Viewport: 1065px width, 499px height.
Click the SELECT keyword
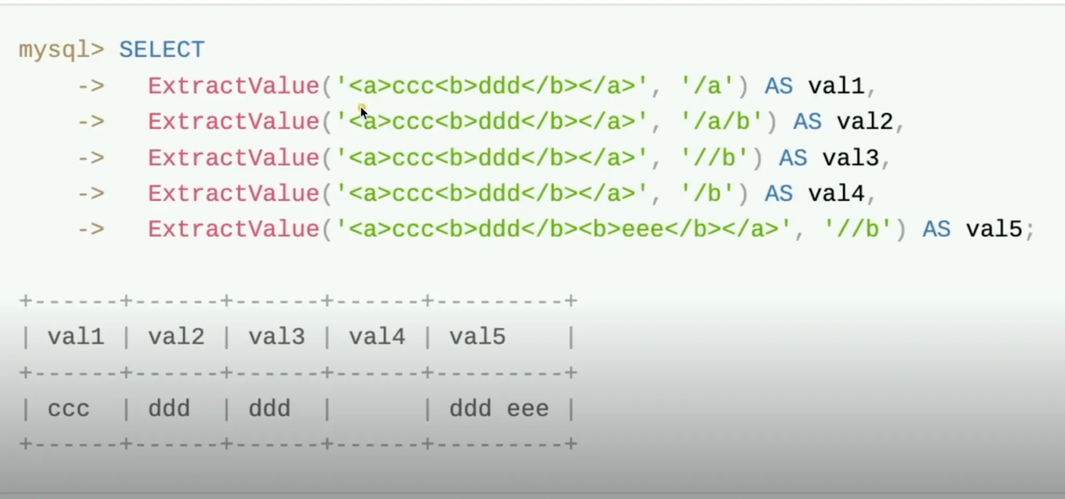tap(162, 50)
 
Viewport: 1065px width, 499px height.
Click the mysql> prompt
tap(61, 50)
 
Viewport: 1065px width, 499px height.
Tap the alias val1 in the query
tap(836, 86)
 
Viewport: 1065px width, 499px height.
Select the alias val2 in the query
tap(865, 122)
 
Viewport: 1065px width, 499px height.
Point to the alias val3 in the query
tap(851, 157)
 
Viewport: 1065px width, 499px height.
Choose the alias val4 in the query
tap(836, 193)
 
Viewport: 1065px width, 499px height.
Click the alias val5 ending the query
tap(994, 229)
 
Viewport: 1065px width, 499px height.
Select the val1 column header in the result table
tap(76, 337)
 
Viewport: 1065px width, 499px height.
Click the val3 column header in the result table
tap(277, 337)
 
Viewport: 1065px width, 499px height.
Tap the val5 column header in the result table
tap(477, 337)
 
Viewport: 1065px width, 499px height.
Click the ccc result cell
tap(69, 409)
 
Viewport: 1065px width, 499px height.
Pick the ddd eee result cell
tap(499, 409)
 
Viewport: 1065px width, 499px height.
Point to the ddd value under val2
tap(169, 409)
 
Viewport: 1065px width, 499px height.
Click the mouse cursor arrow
tap(363, 112)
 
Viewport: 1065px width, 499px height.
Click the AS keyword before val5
tap(936, 229)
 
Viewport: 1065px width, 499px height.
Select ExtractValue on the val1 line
tap(233, 86)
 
